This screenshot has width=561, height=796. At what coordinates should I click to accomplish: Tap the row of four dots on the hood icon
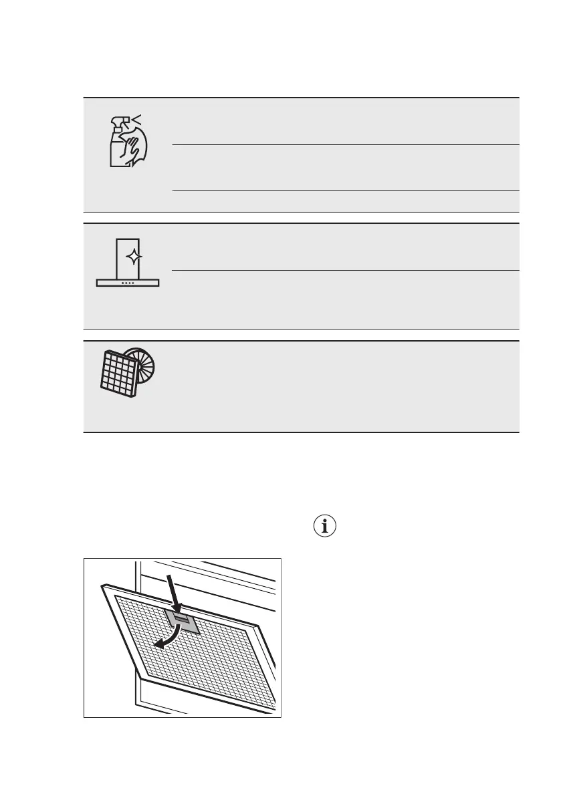128,283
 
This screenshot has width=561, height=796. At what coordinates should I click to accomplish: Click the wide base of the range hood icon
128,283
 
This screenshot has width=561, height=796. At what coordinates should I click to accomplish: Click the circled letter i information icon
325,527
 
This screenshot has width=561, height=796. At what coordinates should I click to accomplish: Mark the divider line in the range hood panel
345,271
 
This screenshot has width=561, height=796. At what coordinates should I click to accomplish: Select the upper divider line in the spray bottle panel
345,144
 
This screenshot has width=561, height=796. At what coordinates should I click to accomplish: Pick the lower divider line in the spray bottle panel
345,191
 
